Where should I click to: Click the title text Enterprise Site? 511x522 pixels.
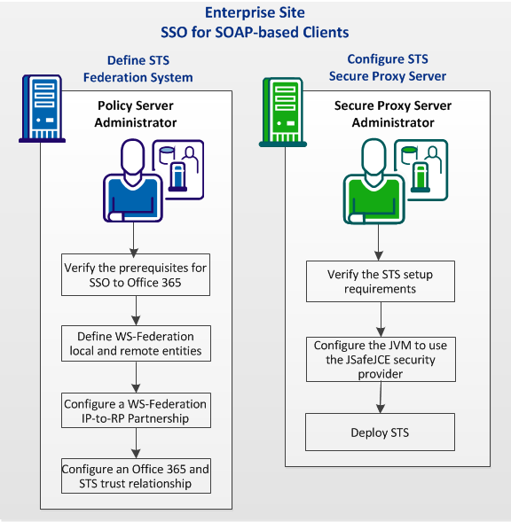click(x=255, y=12)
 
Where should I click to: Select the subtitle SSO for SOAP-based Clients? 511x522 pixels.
click(x=255, y=33)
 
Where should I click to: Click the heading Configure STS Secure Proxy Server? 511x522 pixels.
click(x=388, y=67)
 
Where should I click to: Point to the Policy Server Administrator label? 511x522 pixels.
click(x=136, y=113)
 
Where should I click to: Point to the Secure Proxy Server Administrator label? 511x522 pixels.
click(x=392, y=114)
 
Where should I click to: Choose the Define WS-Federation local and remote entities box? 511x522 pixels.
click(x=136, y=343)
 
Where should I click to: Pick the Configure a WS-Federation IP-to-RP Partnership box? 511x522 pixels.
click(x=136, y=410)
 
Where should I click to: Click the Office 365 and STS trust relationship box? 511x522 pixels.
click(x=136, y=476)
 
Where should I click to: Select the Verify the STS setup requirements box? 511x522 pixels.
click(x=381, y=282)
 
